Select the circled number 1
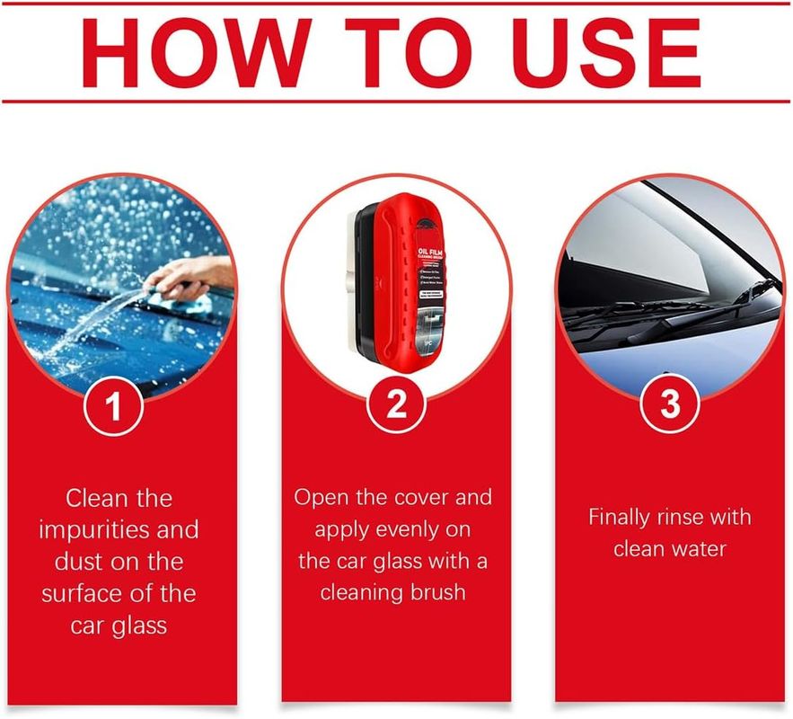[x=113, y=406]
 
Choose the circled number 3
[x=670, y=406]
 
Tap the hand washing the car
[x=193, y=273]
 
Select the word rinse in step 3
[x=702, y=518]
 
